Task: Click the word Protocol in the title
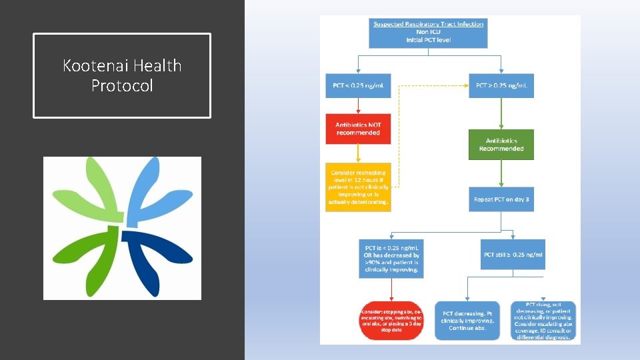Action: pyautogui.click(x=122, y=85)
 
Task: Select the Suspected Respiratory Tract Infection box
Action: pyautogui.click(x=428, y=32)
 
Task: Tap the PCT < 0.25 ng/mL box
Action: pyautogui.click(x=359, y=85)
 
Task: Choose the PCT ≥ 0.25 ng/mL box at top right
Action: pyautogui.click(x=501, y=85)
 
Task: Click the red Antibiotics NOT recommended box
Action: pyautogui.click(x=358, y=129)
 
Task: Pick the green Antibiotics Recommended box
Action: pyautogui.click(x=501, y=145)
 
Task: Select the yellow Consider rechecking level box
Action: pyautogui.click(x=358, y=187)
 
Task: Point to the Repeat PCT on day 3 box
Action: pyautogui.click(x=501, y=199)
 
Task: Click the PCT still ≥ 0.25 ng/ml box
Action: pyautogui.click(x=513, y=255)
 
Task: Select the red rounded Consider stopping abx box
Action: pyautogui.click(x=391, y=320)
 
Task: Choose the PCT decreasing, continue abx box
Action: pyautogui.click(x=468, y=321)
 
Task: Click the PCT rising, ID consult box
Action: pyautogui.click(x=543, y=321)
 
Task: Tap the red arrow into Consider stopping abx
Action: pyautogui.click(x=391, y=289)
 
